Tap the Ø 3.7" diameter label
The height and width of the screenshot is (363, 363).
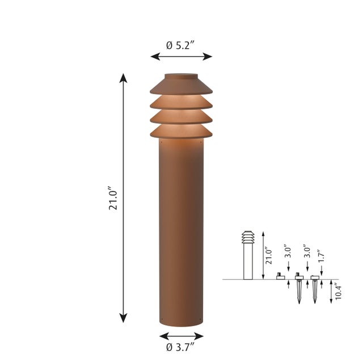[x=181, y=346]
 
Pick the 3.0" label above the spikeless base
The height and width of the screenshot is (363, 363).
[x=289, y=254]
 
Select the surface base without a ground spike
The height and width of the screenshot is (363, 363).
[x=280, y=277]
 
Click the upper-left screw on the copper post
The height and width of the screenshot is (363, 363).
[x=162, y=143]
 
